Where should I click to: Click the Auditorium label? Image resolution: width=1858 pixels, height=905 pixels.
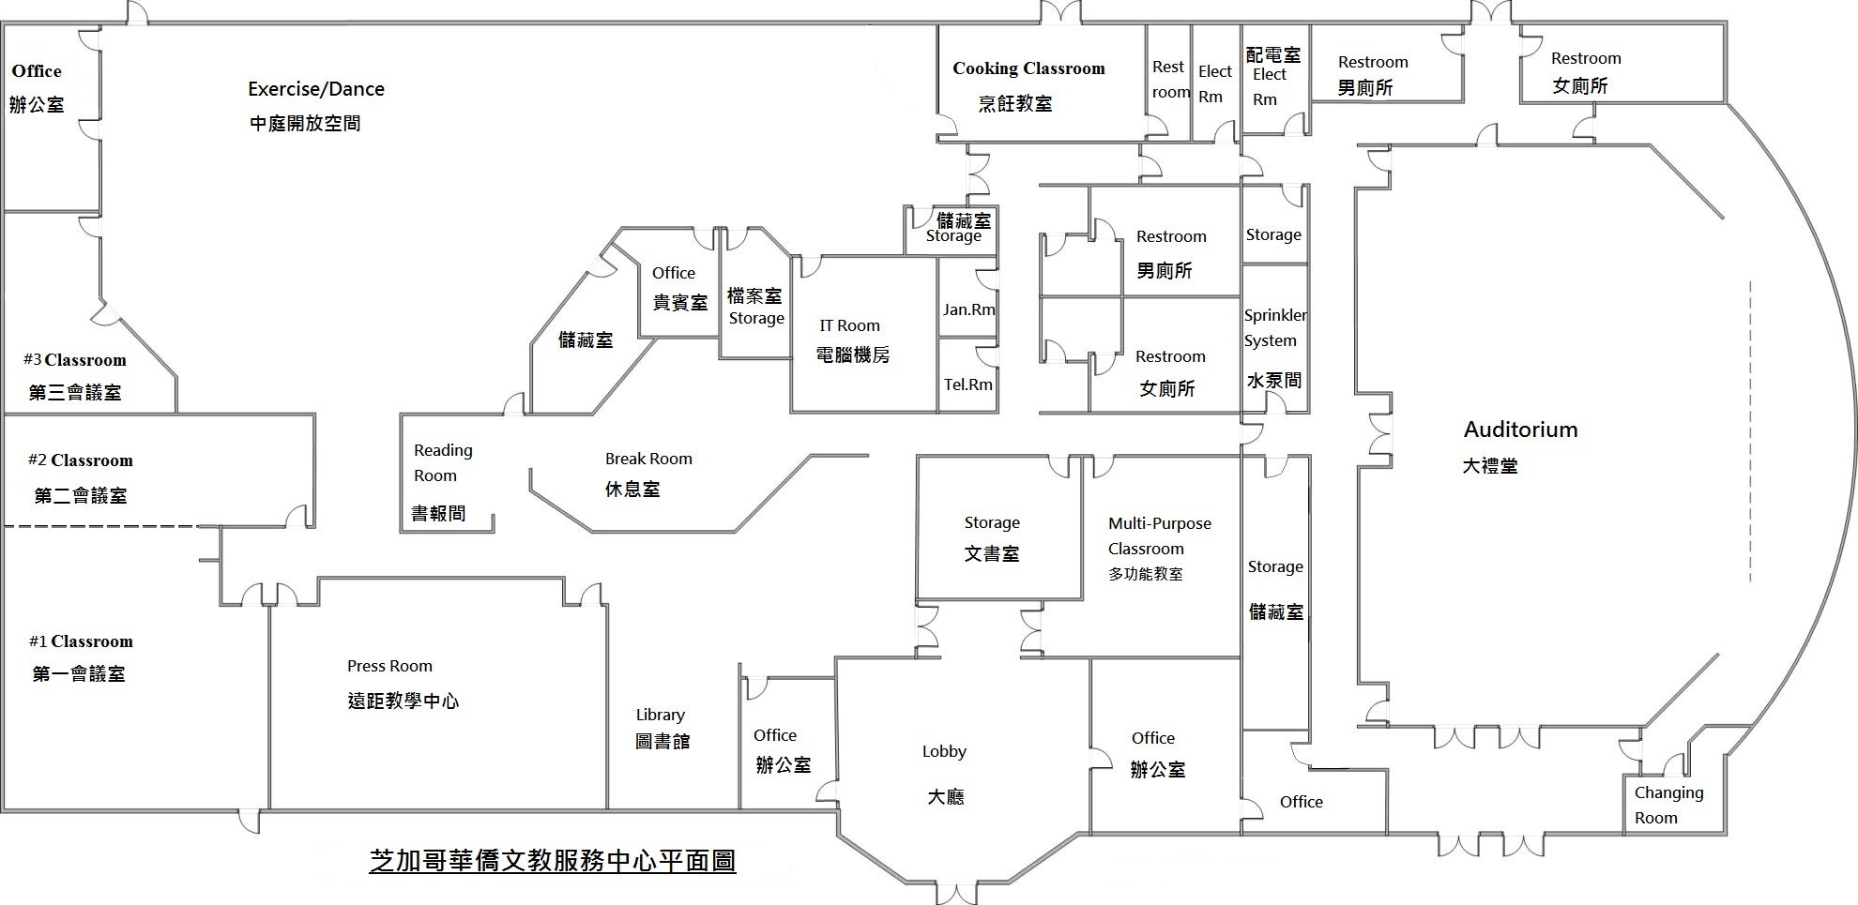point(1520,430)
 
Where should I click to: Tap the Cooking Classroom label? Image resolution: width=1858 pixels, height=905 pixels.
point(1028,68)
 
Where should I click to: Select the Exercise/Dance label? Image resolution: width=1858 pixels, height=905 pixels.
point(316,89)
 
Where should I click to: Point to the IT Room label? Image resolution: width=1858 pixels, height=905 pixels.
point(849,325)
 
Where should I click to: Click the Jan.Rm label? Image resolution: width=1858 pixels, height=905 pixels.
point(968,309)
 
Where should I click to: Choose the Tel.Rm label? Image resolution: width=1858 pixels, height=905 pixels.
point(967,385)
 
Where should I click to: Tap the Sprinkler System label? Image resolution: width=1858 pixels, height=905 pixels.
point(1274,328)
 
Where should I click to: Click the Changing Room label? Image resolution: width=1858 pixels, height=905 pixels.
point(1668,805)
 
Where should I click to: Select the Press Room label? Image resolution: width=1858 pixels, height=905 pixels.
point(389,666)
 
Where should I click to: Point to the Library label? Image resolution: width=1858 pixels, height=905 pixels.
point(660,715)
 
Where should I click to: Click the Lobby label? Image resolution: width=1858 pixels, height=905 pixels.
point(943,751)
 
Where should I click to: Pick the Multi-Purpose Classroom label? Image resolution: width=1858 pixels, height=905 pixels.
point(1159,535)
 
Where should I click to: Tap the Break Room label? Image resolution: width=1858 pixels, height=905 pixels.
point(648,459)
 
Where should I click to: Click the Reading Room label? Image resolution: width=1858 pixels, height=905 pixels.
point(442,462)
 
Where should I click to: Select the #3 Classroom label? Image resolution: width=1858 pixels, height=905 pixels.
point(75,360)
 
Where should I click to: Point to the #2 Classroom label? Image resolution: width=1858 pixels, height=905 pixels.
point(81,460)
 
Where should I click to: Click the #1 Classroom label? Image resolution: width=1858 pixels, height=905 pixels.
point(81,641)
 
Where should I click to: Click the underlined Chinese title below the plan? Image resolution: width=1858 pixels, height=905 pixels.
point(553,861)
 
